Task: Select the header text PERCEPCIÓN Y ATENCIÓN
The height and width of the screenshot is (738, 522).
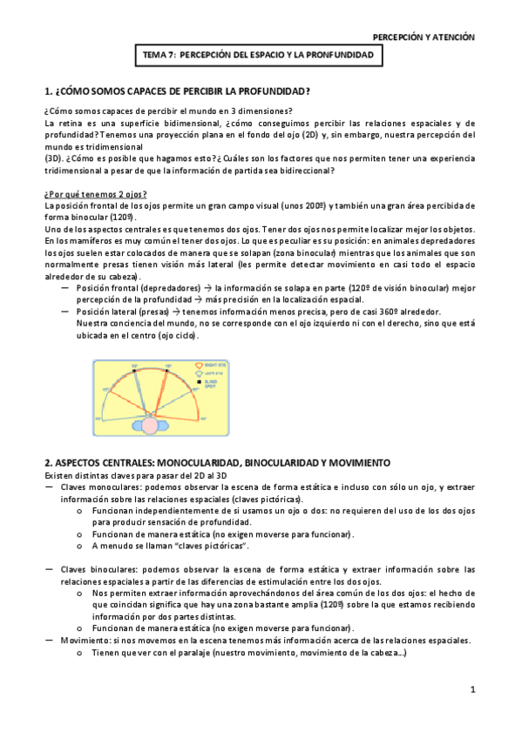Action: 424,37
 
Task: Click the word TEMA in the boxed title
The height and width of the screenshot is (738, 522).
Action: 156,55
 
